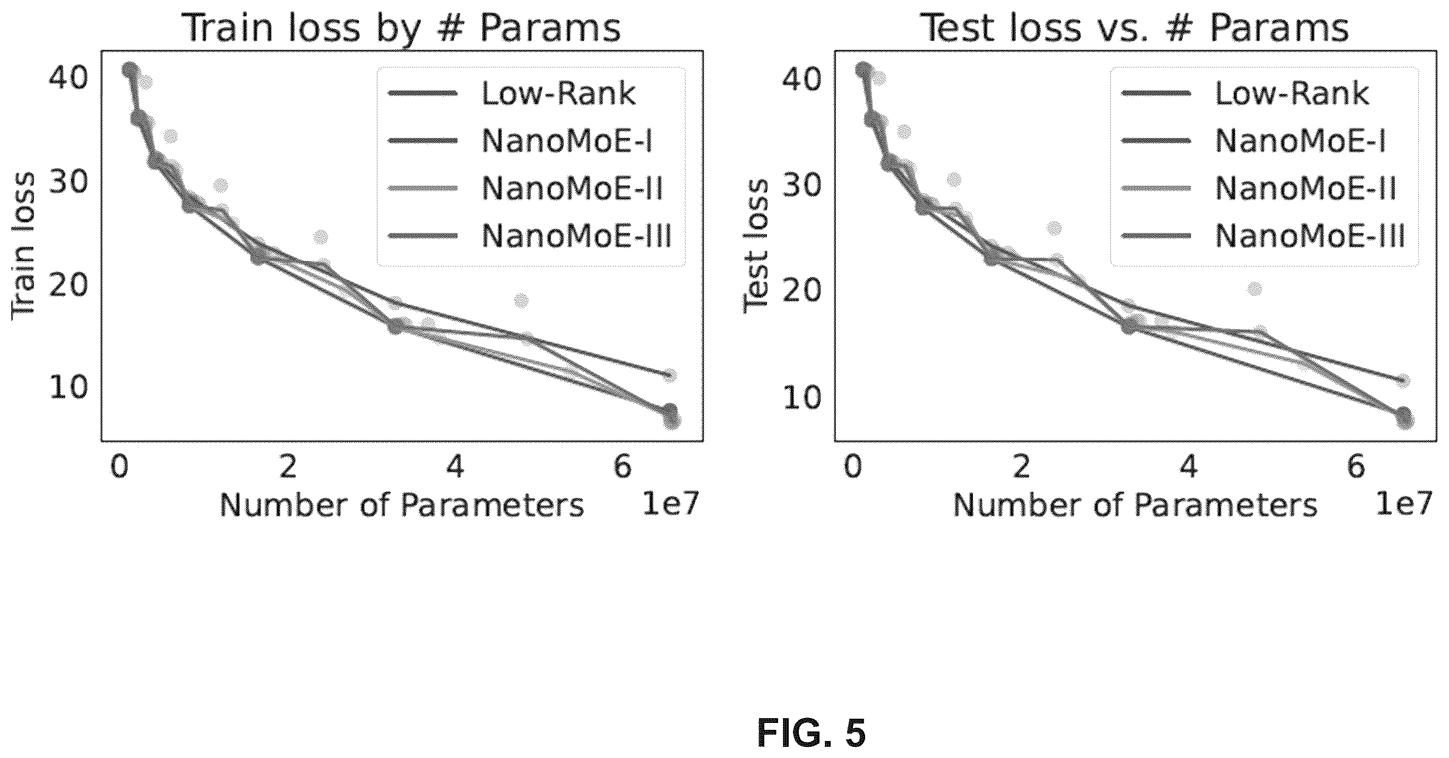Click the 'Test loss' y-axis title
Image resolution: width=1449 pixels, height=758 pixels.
coord(756,246)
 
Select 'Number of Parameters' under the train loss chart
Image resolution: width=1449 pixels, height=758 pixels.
coord(402,505)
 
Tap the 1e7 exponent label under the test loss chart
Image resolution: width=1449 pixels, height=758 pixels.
coord(1403,503)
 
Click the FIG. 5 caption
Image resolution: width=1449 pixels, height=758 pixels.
coord(811,733)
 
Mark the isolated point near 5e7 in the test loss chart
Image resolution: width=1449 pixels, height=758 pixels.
coord(1254,289)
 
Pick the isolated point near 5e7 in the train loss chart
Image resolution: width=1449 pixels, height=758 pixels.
coord(521,300)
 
